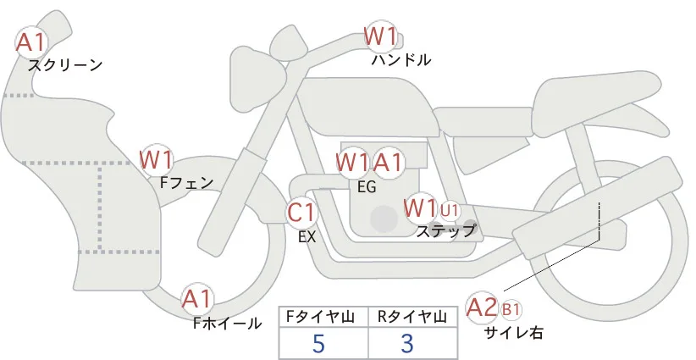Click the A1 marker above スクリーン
tap(31, 42)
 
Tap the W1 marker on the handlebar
tap(380, 36)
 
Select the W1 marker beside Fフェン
tap(155, 160)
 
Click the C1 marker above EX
tap(301, 212)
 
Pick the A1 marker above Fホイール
tap(197, 299)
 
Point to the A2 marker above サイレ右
tap(482, 307)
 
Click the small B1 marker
tap(511, 309)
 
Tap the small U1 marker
tap(450, 211)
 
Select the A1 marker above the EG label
tap(388, 163)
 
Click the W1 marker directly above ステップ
tap(420, 208)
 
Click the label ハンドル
tap(401, 60)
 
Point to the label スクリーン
tap(65, 65)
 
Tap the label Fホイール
tap(227, 324)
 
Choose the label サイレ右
tap(514, 332)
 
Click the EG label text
tap(367, 187)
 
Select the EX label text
tap(307, 236)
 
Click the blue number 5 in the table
tap(319, 343)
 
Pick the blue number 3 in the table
tap(407, 343)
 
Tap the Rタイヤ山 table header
tap(412, 317)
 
